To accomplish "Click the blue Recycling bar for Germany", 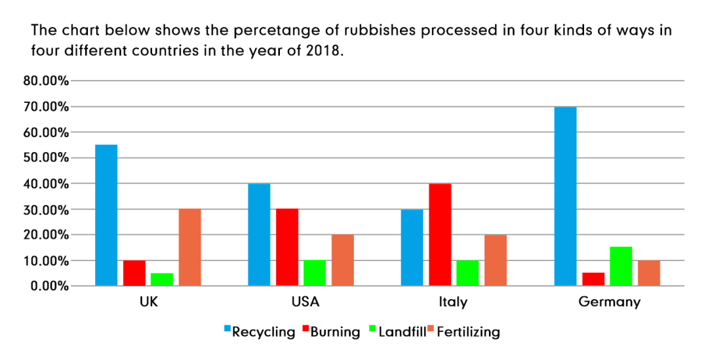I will [x=565, y=197].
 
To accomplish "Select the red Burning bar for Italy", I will [x=440, y=235].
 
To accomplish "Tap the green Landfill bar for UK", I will [x=162, y=279].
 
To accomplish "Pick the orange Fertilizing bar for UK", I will [x=190, y=247].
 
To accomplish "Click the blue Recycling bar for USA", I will [x=259, y=235].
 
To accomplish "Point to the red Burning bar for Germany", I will [x=593, y=279].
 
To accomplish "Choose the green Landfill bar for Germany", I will [x=621, y=266].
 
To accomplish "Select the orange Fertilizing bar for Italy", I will [x=496, y=260].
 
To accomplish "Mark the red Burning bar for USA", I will [x=287, y=247].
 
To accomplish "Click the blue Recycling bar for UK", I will [x=106, y=215].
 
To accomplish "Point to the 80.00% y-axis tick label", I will [x=45, y=81].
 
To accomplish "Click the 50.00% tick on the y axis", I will [x=45, y=158].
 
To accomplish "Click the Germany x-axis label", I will [x=609, y=302].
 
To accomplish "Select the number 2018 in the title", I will [x=323, y=52].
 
